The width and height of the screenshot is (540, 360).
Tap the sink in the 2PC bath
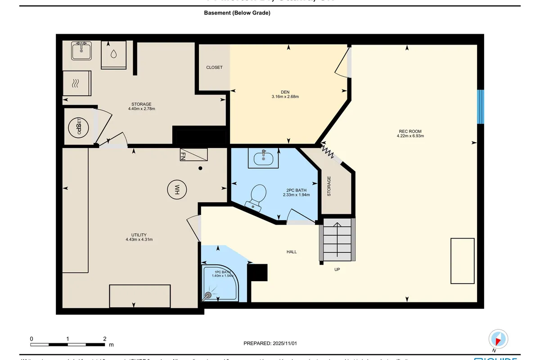click(263, 158)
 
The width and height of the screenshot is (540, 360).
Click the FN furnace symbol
click(194, 155)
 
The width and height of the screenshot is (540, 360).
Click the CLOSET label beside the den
click(214, 67)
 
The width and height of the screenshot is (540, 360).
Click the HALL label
click(292, 252)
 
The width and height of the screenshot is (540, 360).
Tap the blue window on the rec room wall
click(480, 107)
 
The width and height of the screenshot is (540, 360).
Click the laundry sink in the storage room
click(81, 50)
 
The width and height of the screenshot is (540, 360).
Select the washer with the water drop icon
click(113, 54)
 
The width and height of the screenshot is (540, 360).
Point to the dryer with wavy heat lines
click(76, 83)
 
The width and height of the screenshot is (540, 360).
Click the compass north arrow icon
click(498, 338)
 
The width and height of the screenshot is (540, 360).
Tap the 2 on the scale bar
click(104, 339)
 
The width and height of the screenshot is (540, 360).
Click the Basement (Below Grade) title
click(237, 13)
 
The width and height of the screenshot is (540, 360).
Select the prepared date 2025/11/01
click(270, 343)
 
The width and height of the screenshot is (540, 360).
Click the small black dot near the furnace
click(201, 168)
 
